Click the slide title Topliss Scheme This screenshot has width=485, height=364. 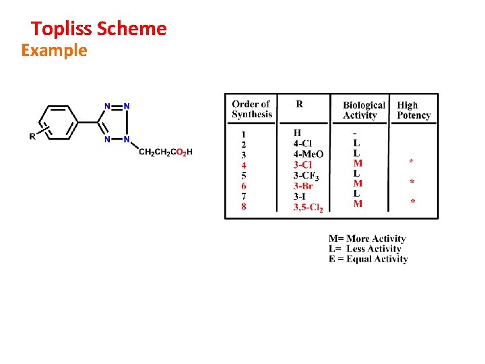click(99, 28)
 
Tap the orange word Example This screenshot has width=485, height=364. click(54, 51)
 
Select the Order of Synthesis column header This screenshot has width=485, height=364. click(252, 109)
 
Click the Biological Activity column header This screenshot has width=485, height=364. click(364, 110)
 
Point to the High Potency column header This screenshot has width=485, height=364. click(414, 110)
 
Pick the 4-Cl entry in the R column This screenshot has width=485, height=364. click(302, 144)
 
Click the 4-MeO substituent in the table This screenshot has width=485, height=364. click(309, 154)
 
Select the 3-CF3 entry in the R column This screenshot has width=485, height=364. click(306, 176)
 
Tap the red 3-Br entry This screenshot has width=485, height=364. click(303, 186)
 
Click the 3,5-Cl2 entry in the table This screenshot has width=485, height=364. click(309, 207)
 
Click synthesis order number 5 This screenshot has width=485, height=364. click(244, 175)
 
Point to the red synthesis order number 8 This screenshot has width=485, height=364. click(244, 207)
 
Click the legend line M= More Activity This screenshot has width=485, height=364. click(367, 239)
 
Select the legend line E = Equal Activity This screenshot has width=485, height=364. click(368, 259)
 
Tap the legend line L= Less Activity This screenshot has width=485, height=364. click(364, 249)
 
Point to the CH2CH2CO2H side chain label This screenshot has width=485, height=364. click(165, 152)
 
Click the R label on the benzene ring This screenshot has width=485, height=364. click(32, 136)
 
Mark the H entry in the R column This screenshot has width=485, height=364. click(297, 133)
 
